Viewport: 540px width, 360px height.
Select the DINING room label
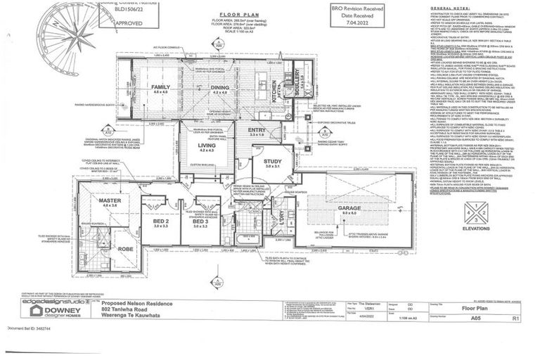point(220,86)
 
